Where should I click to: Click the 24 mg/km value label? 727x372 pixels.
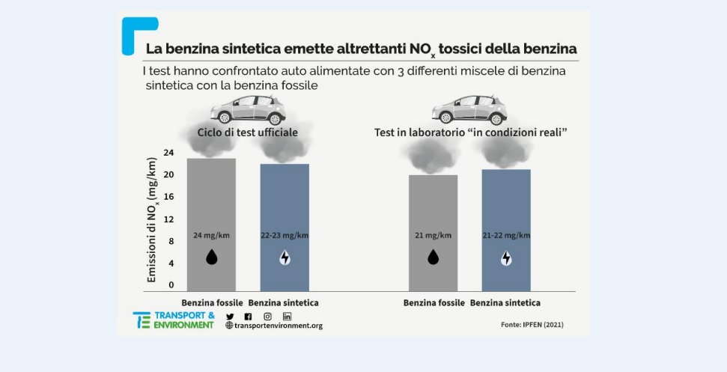(x=211, y=235)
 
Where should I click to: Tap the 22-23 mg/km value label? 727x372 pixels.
(x=285, y=235)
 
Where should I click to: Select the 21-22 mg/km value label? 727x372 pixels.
(x=506, y=235)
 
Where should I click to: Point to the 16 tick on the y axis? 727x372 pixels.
(x=168, y=197)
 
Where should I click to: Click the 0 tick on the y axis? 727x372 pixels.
(x=171, y=285)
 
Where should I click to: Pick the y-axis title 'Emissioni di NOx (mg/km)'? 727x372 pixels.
(x=152, y=220)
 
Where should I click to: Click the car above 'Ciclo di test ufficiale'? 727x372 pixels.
(x=248, y=110)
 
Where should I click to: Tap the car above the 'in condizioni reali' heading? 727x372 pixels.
(x=469, y=110)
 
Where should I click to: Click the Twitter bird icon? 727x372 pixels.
(x=230, y=317)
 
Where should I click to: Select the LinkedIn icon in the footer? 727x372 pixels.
(x=287, y=317)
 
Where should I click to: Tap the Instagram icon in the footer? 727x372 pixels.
(x=267, y=317)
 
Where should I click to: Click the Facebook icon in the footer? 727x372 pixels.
(x=248, y=317)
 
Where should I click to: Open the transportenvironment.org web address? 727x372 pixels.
(x=274, y=326)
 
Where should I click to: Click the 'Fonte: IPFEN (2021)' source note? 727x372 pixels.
(x=532, y=325)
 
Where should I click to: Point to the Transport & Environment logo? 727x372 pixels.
(x=173, y=320)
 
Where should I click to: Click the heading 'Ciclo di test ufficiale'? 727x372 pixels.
(x=248, y=132)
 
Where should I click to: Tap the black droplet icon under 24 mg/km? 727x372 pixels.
(x=212, y=258)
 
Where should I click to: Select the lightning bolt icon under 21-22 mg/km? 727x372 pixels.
(x=506, y=258)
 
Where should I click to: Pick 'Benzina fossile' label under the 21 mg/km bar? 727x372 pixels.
(x=433, y=303)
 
